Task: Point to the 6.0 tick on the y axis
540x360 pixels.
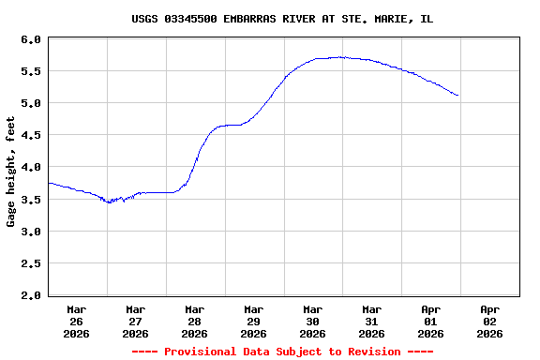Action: tap(30, 39)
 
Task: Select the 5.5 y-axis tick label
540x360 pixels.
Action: tap(30, 71)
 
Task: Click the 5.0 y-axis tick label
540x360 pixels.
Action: tap(30, 103)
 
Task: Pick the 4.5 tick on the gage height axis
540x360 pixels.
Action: tap(30, 135)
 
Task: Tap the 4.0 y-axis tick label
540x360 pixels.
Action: tap(30, 167)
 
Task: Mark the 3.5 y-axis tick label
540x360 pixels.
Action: tap(30, 200)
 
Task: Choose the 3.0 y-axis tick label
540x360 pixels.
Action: tap(30, 232)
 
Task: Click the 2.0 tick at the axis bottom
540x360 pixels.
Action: tap(30, 295)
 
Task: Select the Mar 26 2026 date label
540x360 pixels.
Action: tap(77, 321)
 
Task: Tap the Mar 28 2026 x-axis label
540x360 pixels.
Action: tap(195, 321)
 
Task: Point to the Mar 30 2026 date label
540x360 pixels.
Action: tap(313, 321)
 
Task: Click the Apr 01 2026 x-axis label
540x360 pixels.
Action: tap(430, 321)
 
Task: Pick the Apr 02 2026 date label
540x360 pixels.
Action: tap(489, 321)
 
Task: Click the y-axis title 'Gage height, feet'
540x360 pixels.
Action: tap(11, 172)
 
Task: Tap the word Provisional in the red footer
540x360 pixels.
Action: tap(201, 352)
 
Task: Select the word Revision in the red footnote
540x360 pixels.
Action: tap(372, 352)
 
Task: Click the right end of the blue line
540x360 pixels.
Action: tap(457, 96)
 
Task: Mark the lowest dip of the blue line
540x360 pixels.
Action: tap(110, 202)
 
